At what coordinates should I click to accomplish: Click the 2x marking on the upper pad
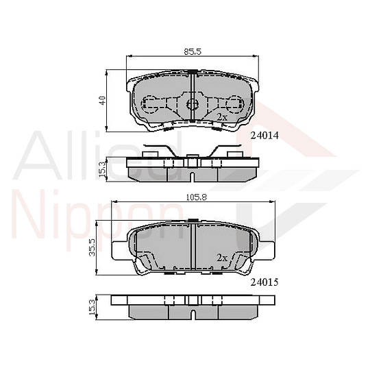click(x=221, y=117)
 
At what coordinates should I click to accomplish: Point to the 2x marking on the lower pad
click(x=221, y=258)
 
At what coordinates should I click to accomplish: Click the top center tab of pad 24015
click(x=195, y=221)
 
